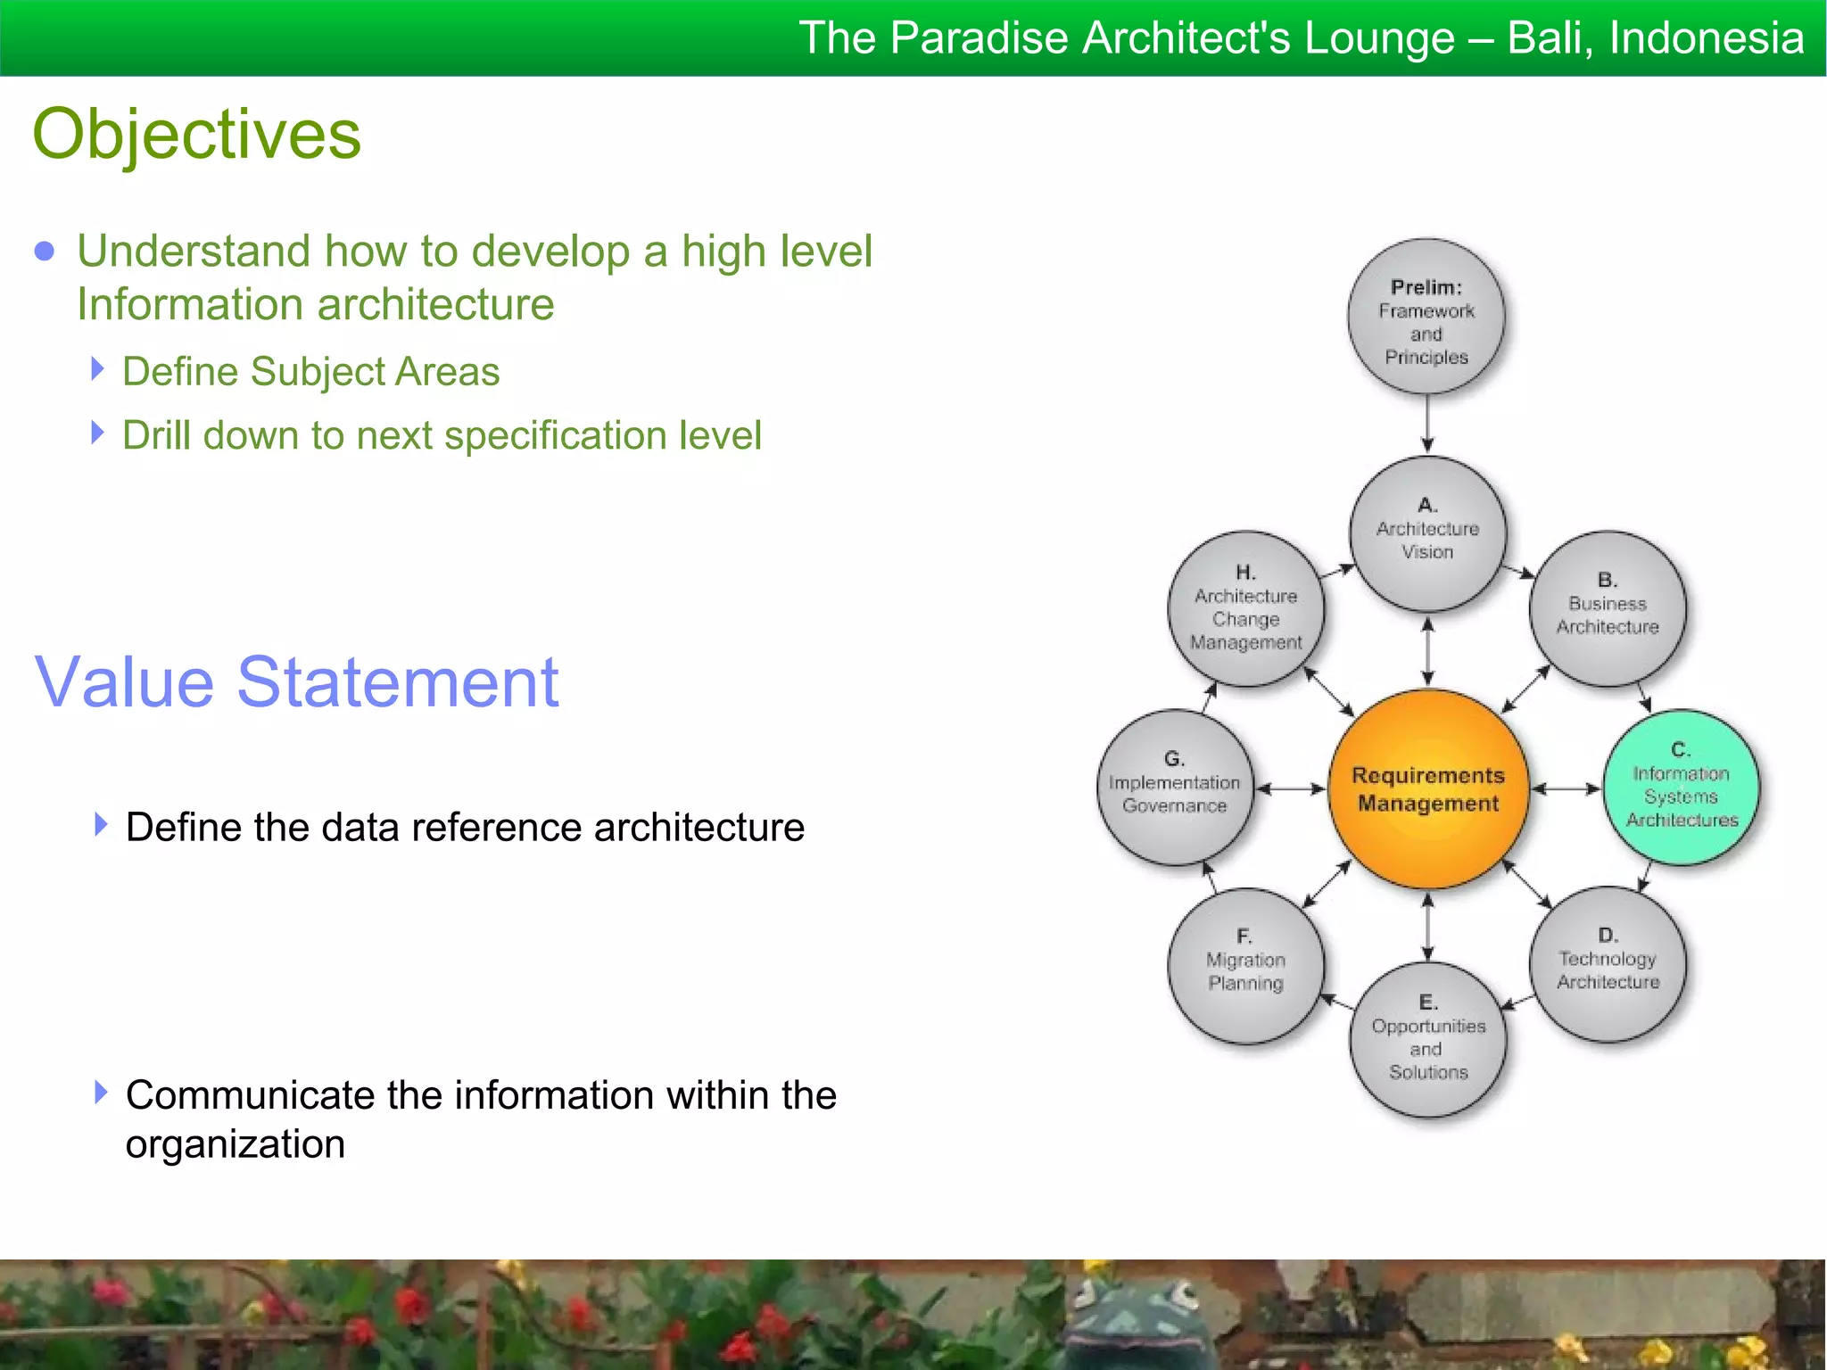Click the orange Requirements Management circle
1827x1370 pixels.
1427,788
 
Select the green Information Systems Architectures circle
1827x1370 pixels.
1681,787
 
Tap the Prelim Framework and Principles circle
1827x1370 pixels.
1426,318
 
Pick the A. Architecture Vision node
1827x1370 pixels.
1427,533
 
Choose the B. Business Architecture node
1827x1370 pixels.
1608,608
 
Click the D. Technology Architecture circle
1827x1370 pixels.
1608,963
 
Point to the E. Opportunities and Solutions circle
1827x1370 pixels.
1427,1039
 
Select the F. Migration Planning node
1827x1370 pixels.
1246,965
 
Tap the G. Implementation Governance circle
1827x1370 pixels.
1175,787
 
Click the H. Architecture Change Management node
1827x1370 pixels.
1246,608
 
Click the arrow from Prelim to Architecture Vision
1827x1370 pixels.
1427,425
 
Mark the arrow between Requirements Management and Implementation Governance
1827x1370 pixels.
1290,788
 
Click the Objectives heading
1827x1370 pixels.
196,134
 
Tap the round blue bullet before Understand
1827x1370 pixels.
44,252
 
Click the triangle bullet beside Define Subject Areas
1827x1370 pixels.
98,368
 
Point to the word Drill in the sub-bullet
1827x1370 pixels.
156,436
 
